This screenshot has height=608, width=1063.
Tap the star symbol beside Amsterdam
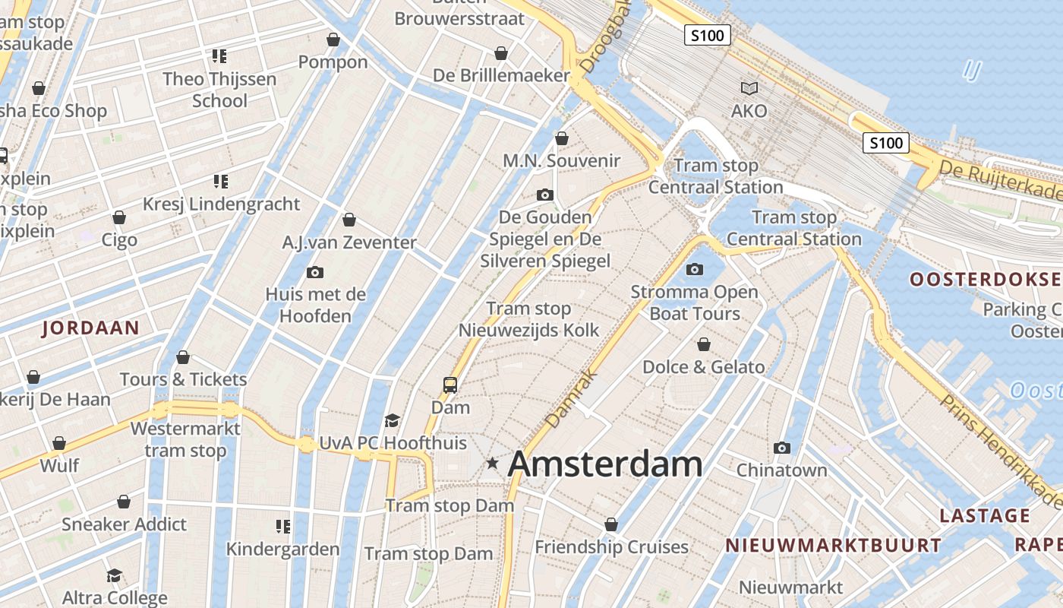493,462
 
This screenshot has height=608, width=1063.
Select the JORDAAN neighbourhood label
91,328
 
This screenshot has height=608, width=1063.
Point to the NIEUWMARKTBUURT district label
833,545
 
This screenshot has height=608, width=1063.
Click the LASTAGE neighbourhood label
985,516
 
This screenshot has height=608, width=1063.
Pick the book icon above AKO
749,88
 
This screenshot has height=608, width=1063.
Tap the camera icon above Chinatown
782,448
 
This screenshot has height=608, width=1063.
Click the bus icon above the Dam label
450,385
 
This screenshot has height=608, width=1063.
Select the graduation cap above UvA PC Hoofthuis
392,420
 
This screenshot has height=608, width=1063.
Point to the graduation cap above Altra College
114,575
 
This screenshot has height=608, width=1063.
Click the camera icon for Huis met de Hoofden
315,272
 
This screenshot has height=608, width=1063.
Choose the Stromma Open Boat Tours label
695,302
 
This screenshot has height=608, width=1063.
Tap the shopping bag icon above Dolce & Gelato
704,345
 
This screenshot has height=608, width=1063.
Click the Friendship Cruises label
611,547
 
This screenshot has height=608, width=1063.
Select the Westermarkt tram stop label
185,439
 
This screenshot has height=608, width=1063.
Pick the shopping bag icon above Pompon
333,40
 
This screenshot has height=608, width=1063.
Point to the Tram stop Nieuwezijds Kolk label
528,319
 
